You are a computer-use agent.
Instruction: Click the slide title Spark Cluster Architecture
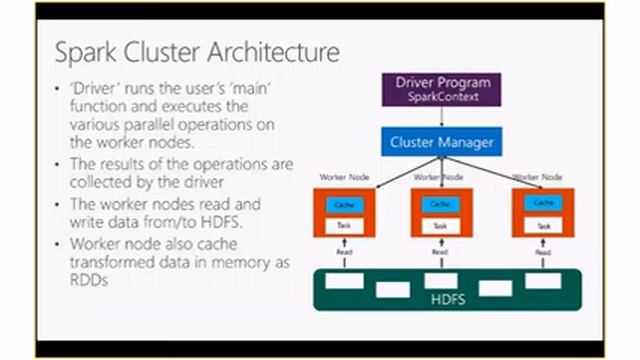[x=196, y=51]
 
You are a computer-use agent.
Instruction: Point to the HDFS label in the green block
[x=441, y=298]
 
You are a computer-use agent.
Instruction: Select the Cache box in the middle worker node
[x=439, y=204]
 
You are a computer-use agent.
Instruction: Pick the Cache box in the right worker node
[x=544, y=203]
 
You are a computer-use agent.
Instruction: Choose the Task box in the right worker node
[x=544, y=226]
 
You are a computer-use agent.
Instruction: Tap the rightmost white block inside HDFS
[x=542, y=281]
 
